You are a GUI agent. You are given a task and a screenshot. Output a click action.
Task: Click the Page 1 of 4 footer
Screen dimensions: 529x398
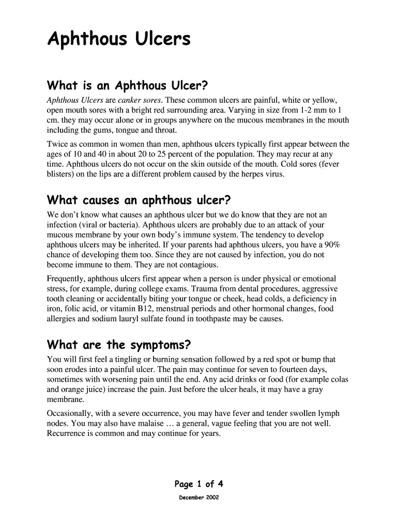click(199, 484)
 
